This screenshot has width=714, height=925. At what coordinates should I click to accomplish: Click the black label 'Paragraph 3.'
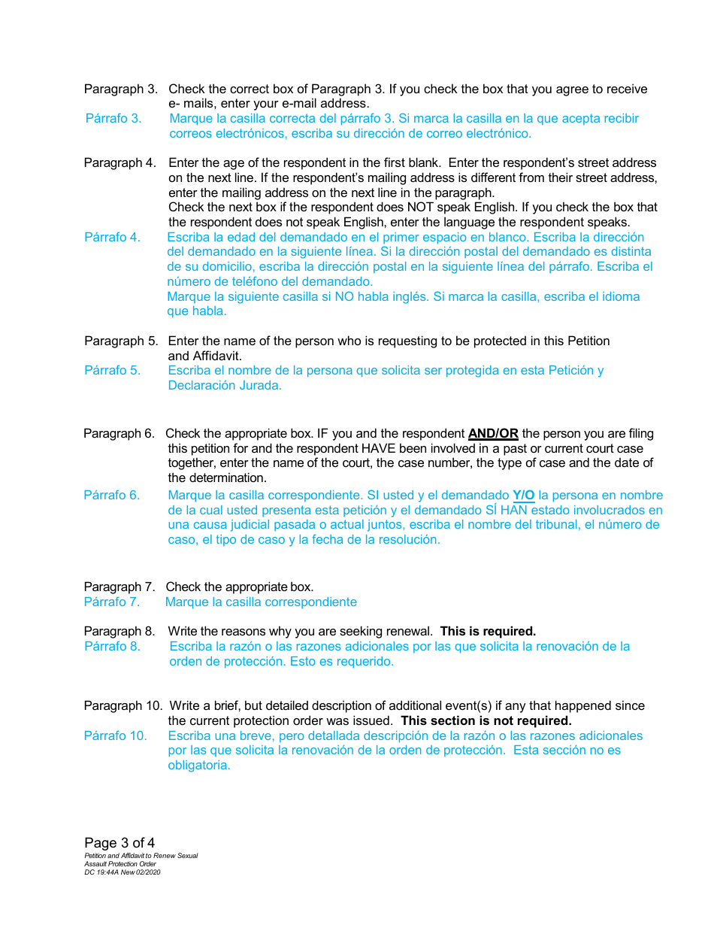click(120, 89)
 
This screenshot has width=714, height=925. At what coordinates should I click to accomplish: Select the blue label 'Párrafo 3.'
click(113, 119)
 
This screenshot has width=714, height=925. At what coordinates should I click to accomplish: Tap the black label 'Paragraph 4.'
click(120, 163)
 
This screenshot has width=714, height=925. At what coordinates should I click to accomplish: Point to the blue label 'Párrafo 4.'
click(112, 238)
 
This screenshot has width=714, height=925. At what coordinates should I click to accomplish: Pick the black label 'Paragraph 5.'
click(121, 341)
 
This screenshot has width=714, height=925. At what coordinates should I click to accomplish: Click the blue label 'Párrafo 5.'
click(112, 371)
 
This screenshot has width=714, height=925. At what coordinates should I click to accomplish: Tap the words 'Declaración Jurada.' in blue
click(225, 386)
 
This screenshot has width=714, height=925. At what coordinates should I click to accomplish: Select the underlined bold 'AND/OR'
click(493, 434)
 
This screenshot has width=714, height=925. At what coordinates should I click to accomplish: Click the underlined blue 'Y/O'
click(524, 496)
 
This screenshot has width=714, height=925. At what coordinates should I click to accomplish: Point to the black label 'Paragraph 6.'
click(119, 434)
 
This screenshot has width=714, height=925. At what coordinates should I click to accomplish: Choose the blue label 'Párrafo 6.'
click(111, 496)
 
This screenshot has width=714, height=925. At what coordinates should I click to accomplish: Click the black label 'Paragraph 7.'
click(119, 587)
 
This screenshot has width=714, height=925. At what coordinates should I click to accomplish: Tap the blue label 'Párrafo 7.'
click(111, 602)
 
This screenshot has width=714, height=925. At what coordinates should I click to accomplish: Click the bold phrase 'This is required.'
click(488, 632)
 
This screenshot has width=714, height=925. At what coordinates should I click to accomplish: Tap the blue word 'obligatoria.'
click(199, 766)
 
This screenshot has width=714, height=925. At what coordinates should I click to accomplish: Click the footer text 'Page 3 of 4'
click(120, 843)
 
